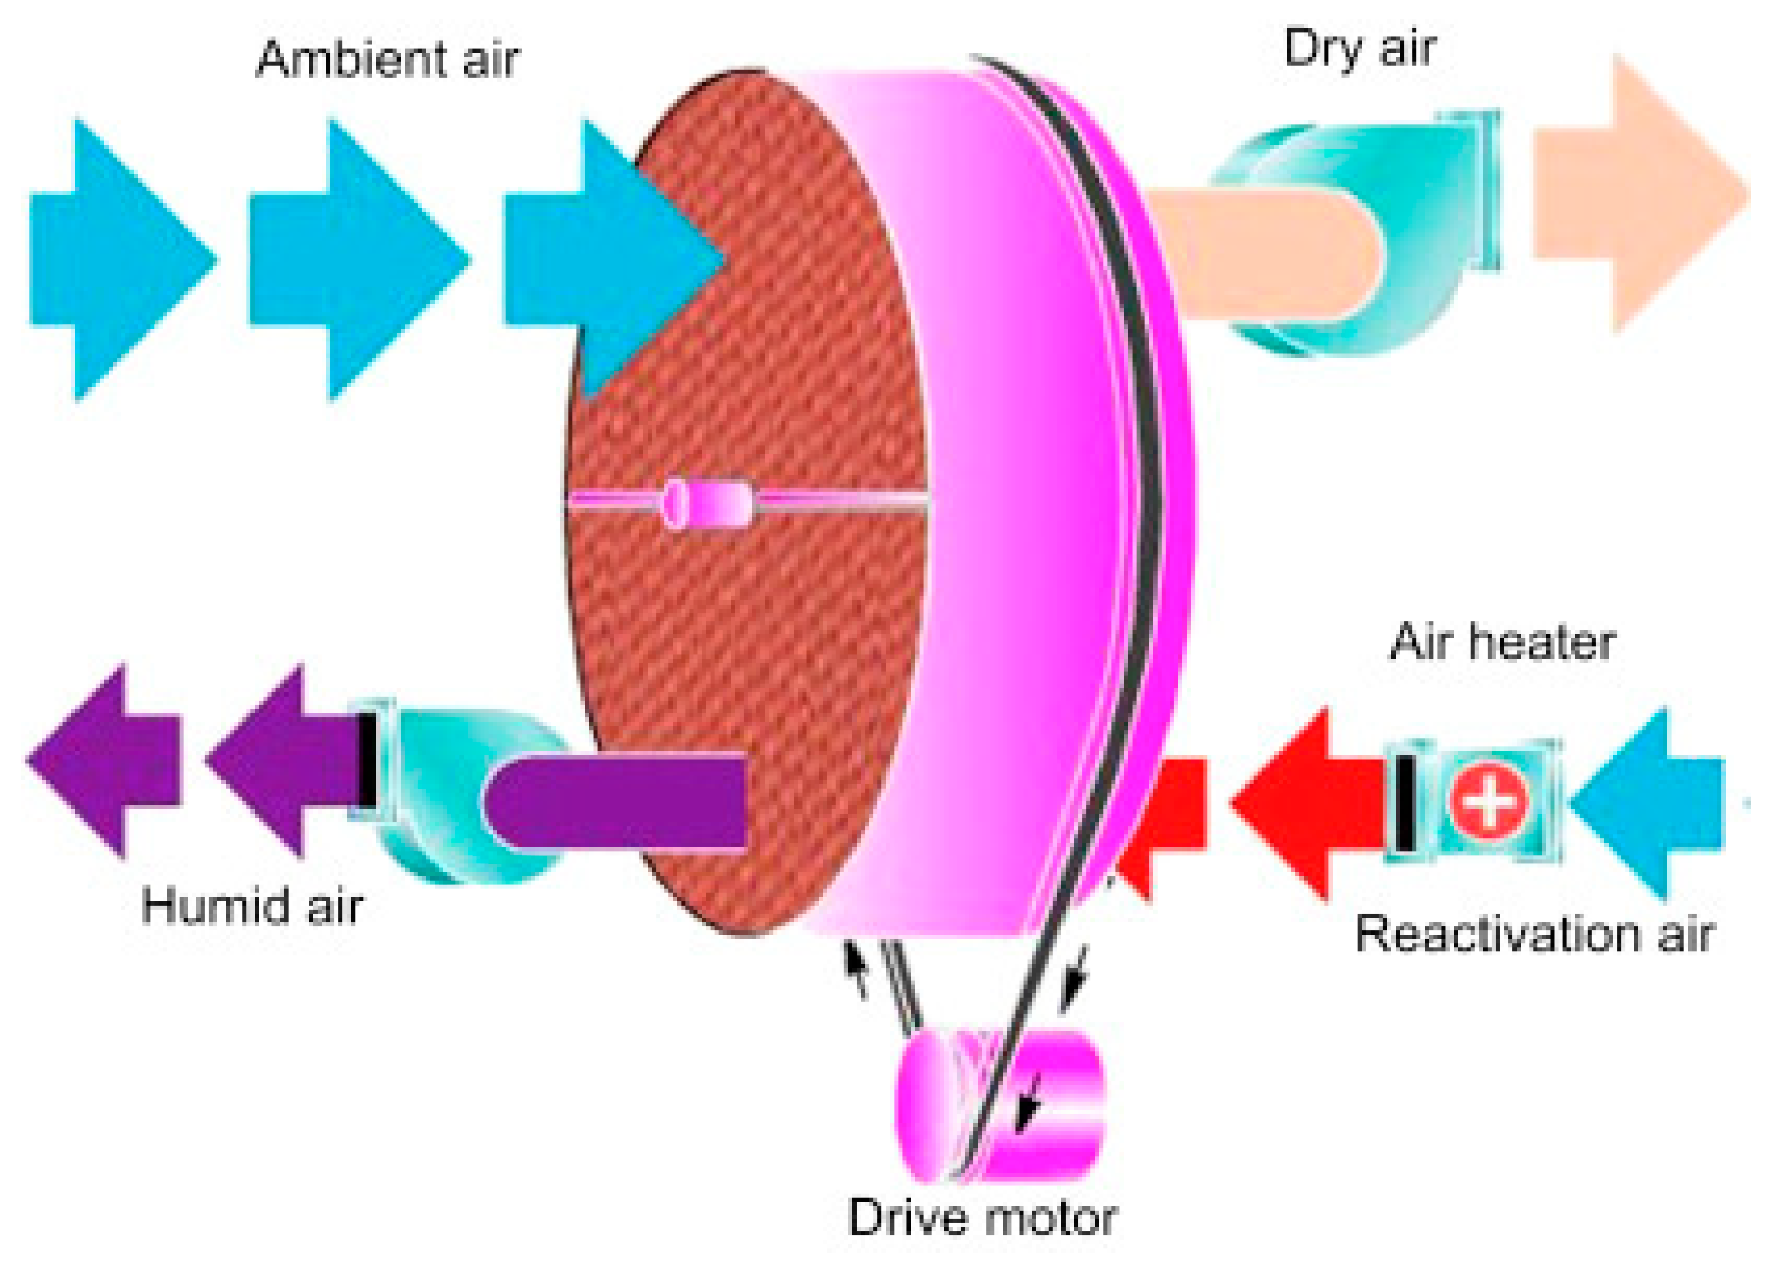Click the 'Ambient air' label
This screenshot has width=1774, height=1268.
pyautogui.click(x=387, y=59)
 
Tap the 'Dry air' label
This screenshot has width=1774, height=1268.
pyautogui.click(x=1360, y=48)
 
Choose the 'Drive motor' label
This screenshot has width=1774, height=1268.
pyautogui.click(x=982, y=1218)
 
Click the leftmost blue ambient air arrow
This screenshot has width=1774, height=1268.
pyautogui.click(x=117, y=260)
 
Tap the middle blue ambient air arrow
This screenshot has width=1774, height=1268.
pyautogui.click(x=355, y=260)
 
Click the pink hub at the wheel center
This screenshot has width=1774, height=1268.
pyautogui.click(x=707, y=503)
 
